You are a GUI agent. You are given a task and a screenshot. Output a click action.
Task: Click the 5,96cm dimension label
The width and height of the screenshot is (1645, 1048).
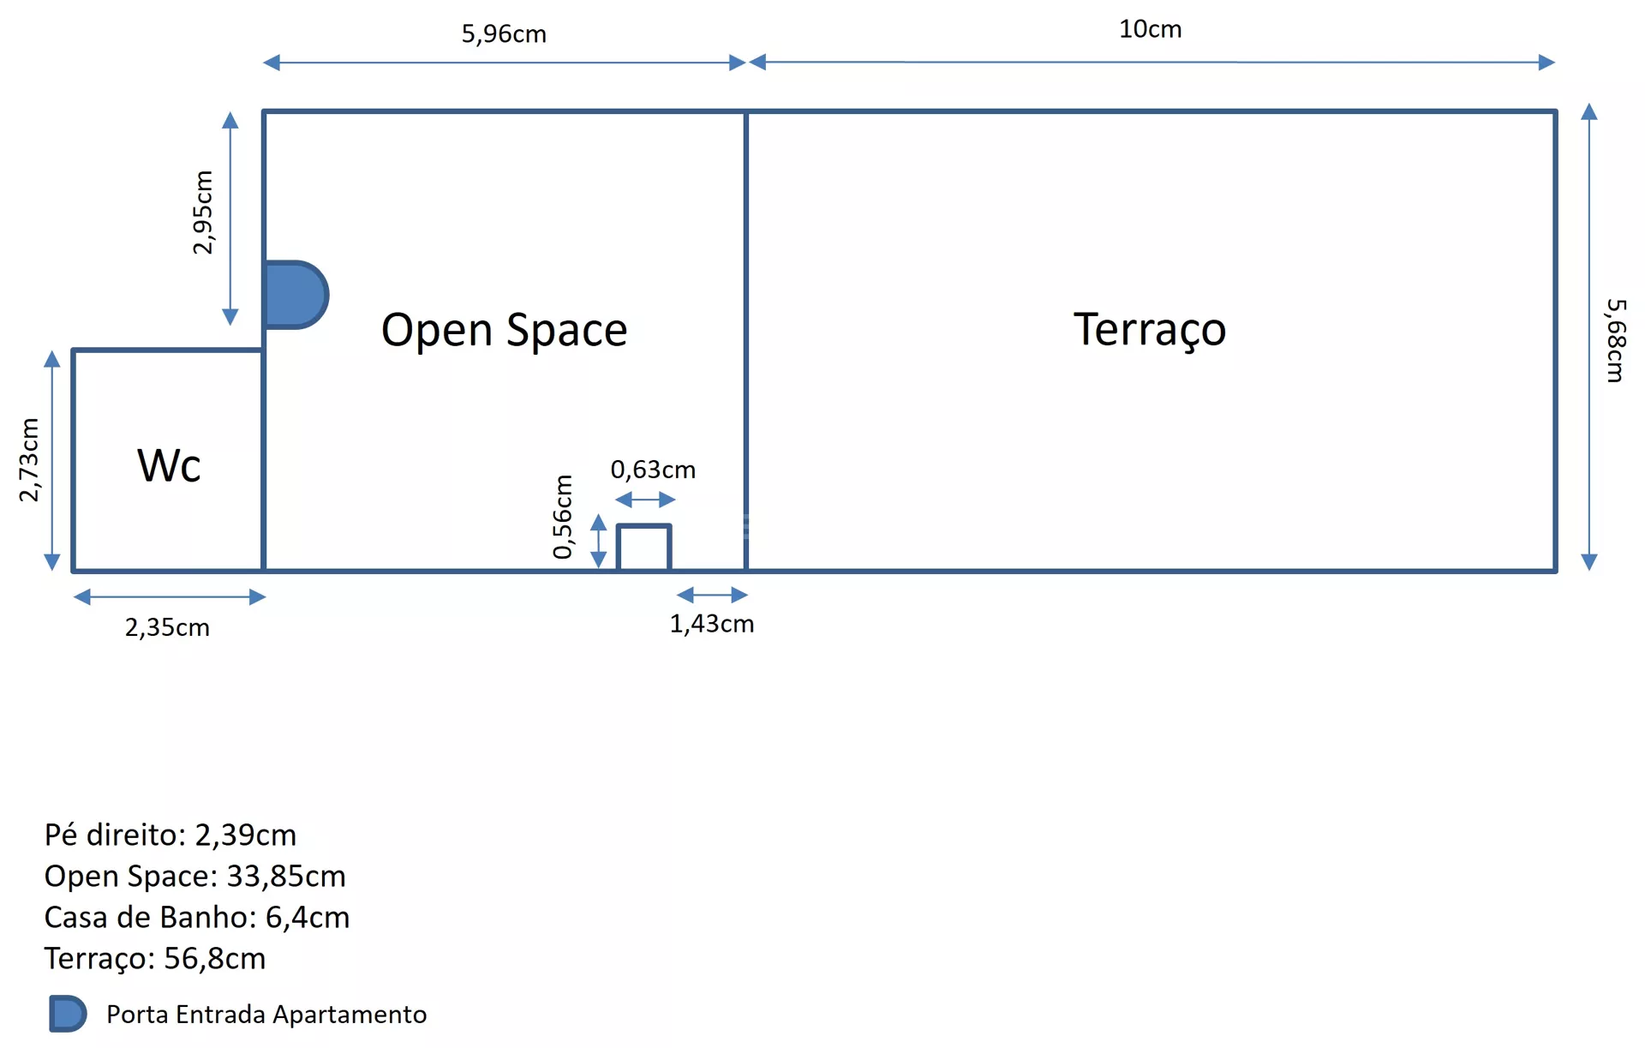(x=504, y=34)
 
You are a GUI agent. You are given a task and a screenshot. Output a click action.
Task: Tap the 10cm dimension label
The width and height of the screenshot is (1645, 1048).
(x=1150, y=29)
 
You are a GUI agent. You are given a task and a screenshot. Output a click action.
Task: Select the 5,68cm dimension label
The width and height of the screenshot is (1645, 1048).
(x=1615, y=340)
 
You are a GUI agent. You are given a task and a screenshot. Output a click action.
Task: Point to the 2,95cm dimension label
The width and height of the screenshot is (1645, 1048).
(x=203, y=213)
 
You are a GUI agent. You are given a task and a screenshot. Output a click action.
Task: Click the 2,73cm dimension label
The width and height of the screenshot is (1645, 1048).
(x=29, y=460)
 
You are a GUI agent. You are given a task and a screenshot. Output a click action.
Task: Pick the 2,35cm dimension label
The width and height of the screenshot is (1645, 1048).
(x=167, y=627)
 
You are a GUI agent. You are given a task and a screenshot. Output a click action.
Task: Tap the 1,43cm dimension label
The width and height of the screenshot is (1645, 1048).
(x=711, y=624)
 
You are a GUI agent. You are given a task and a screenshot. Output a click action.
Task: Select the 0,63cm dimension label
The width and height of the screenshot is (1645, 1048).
(x=653, y=470)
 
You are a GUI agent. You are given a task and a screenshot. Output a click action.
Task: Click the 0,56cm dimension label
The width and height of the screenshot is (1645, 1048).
(x=562, y=517)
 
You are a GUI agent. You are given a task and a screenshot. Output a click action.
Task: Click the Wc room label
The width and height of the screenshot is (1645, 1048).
(x=169, y=465)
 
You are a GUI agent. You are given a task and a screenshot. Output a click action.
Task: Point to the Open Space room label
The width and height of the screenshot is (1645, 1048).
(x=504, y=330)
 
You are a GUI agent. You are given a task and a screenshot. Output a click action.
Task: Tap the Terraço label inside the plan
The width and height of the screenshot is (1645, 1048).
(x=1149, y=330)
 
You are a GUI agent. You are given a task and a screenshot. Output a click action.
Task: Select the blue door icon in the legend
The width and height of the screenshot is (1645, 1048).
(x=68, y=1014)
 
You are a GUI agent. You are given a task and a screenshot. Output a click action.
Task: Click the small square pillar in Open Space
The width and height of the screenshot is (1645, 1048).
(x=643, y=548)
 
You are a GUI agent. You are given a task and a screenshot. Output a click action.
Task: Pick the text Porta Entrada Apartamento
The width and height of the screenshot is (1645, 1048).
(x=266, y=1015)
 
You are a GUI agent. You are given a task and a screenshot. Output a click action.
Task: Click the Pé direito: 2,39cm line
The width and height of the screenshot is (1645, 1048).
(x=170, y=835)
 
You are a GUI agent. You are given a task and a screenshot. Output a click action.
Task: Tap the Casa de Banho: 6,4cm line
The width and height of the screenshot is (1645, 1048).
(x=197, y=917)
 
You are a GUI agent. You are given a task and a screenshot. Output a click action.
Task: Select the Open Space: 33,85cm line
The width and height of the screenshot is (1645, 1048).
(x=195, y=876)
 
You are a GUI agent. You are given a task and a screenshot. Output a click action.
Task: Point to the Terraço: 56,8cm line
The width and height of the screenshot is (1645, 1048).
(x=155, y=958)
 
